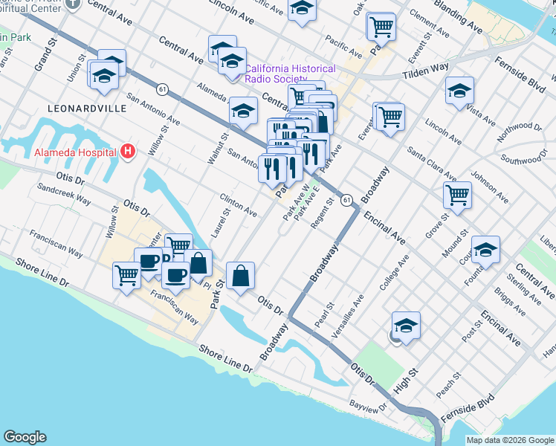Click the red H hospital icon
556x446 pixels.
[x=128, y=152]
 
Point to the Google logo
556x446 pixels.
[x=25, y=437]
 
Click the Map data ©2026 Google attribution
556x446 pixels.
[x=510, y=440]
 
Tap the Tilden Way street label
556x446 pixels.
[x=426, y=70]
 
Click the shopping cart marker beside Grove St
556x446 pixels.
[x=457, y=195]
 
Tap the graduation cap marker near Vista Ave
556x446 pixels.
[x=459, y=91]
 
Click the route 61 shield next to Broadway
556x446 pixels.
[x=346, y=200]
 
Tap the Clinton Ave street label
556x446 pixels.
[x=238, y=206]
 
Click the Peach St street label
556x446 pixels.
[x=450, y=384]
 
